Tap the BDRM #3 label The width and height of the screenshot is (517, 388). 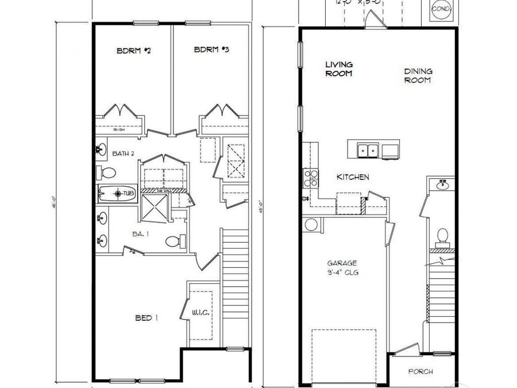click(x=211, y=50)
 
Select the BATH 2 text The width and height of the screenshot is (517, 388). click(x=123, y=153)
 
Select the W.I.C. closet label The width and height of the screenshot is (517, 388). click(x=200, y=313)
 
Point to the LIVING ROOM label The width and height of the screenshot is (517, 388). click(x=339, y=69)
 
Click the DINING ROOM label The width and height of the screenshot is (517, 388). click(x=418, y=76)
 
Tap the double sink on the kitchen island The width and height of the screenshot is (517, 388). click(x=367, y=151)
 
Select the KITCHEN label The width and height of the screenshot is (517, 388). click(x=353, y=178)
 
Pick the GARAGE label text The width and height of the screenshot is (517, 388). click(x=342, y=268)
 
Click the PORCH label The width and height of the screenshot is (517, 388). click(x=420, y=371)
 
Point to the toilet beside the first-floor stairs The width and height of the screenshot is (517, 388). click(x=442, y=236)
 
